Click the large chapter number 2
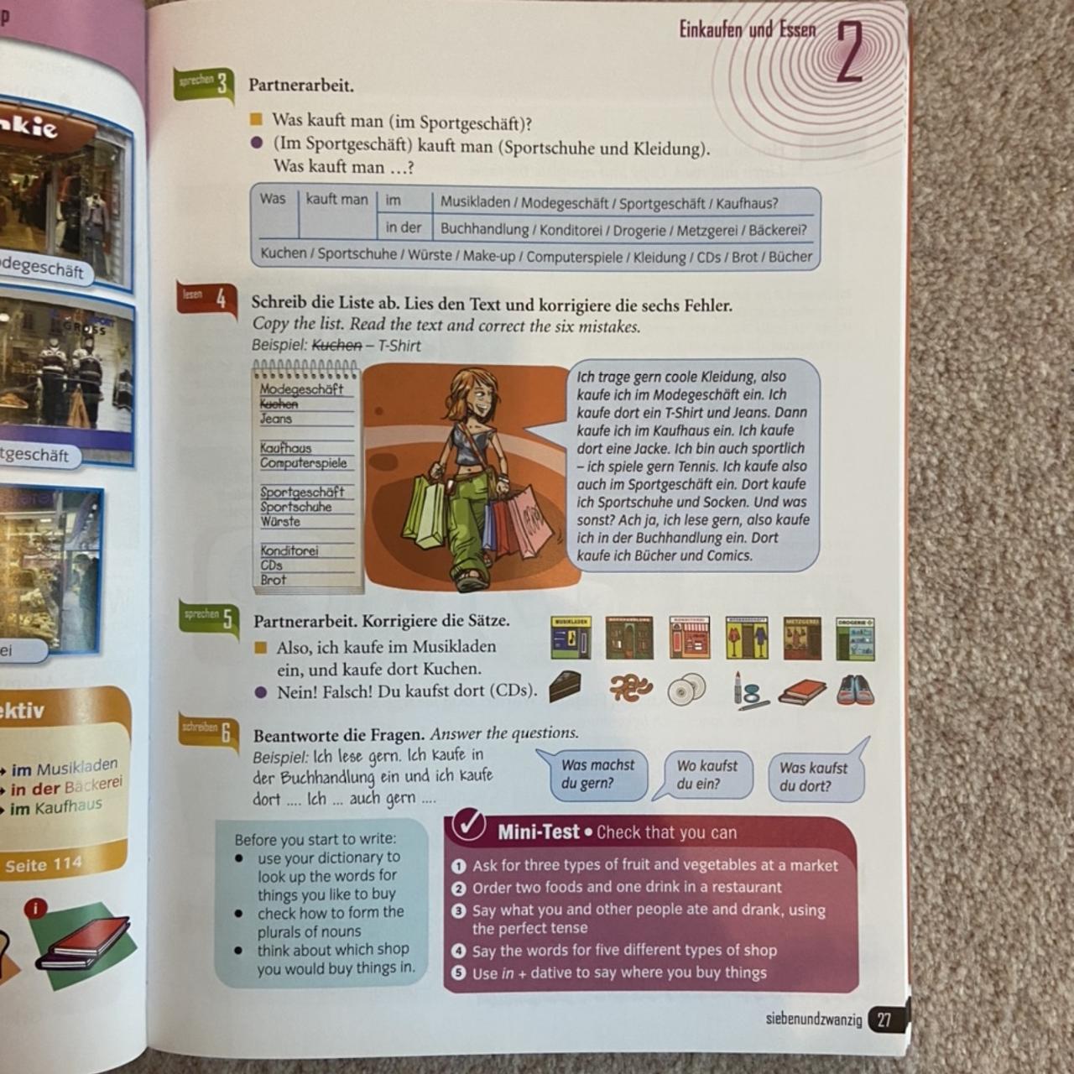(850, 52)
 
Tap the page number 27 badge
(884, 1019)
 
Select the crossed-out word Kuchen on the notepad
(279, 404)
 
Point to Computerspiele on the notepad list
(303, 462)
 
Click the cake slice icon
(565, 687)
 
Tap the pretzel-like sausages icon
(630, 689)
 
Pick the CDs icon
(687, 689)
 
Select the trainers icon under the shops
(855, 690)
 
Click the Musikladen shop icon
(571, 639)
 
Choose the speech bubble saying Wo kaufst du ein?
(706, 775)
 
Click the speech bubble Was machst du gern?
(597, 774)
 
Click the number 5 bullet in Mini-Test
(458, 972)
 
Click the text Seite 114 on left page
(44, 864)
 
